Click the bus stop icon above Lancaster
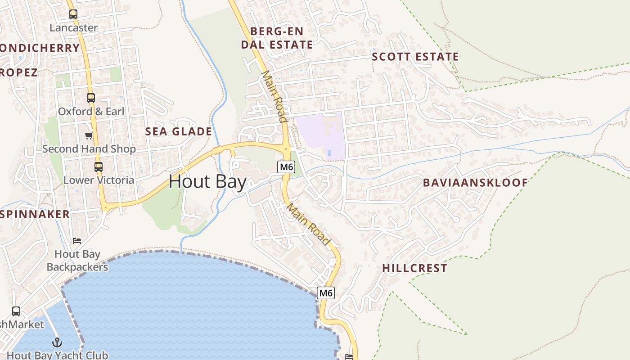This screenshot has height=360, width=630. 73,14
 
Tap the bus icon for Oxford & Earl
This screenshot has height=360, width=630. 91,98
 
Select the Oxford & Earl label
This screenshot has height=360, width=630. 91,111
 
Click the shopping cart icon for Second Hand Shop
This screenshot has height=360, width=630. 89,135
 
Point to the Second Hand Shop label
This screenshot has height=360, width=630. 89,148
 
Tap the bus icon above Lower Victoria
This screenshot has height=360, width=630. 99,167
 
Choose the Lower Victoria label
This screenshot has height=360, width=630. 99,180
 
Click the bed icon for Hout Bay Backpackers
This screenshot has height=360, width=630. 77,241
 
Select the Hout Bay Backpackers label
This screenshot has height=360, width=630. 77,261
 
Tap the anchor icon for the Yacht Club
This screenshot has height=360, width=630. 57,342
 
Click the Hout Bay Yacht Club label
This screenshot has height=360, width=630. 57,355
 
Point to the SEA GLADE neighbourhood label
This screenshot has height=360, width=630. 178,131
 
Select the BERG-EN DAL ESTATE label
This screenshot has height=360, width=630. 277,38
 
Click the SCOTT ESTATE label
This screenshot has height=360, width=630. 415,57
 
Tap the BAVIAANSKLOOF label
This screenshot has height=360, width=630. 475,182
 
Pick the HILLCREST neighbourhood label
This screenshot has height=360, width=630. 414,268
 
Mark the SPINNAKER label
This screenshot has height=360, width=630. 35,214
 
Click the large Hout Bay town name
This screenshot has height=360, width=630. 207,182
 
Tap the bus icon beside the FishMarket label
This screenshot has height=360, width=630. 16,311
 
